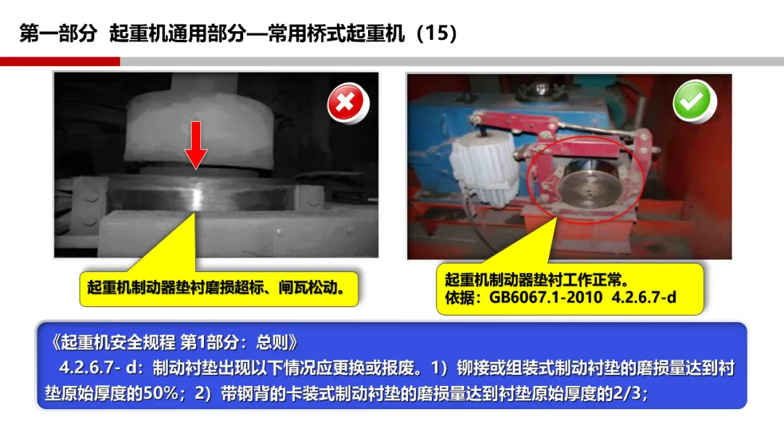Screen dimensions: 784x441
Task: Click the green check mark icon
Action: tap(694, 102)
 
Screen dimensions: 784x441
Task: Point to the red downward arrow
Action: tap(196, 145)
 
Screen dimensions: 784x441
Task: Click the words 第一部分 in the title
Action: tap(58, 33)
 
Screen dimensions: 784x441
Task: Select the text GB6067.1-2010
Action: tap(545, 297)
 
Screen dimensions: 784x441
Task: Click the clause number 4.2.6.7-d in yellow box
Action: tap(644, 297)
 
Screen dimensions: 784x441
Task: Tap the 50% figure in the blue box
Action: tap(160, 394)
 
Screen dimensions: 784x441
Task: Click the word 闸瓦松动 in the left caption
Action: tap(308, 288)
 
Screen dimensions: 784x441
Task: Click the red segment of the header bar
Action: tap(60, 62)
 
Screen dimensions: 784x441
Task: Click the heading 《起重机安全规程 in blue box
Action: tap(113, 342)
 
